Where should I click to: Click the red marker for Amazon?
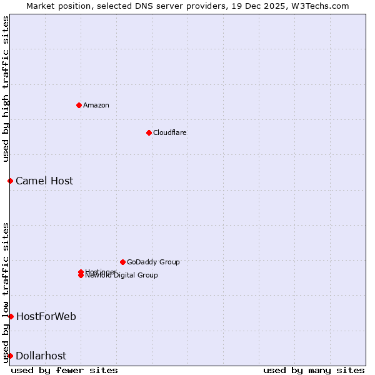(x=79, y=105)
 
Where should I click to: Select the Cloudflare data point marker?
(x=149, y=132)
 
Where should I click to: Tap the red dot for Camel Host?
(x=10, y=181)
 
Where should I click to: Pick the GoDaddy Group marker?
(x=122, y=262)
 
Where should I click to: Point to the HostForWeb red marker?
(x=11, y=316)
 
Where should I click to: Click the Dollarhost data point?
(x=10, y=356)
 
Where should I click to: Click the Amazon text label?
(x=96, y=105)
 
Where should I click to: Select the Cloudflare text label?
(x=170, y=132)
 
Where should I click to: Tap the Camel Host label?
(x=44, y=181)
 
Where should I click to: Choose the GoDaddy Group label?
(x=153, y=262)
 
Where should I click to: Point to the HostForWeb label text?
(x=46, y=316)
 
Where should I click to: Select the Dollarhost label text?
(x=41, y=356)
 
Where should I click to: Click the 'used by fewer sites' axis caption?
(x=64, y=370)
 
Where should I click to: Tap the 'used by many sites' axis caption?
(x=314, y=370)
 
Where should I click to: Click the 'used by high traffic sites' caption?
(x=6, y=89)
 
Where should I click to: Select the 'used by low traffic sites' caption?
(x=6, y=292)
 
